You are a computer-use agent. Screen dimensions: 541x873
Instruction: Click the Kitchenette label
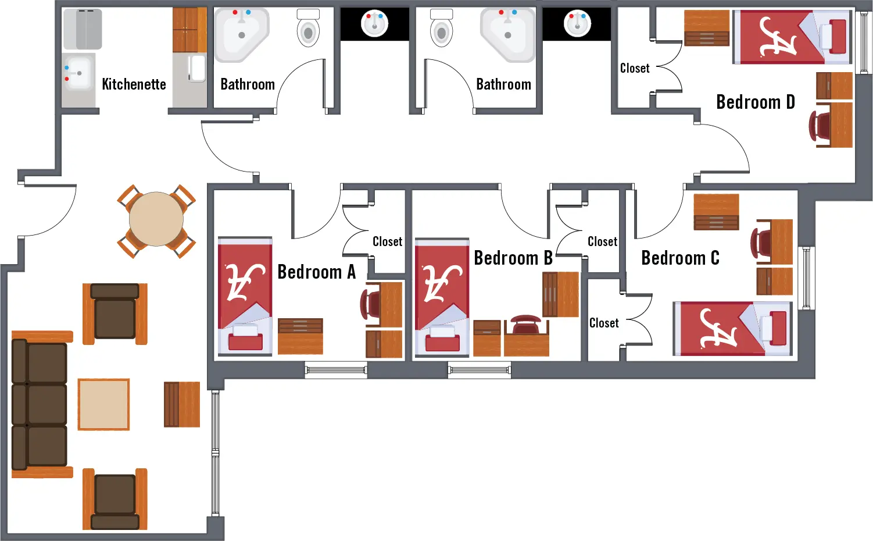[x=134, y=84]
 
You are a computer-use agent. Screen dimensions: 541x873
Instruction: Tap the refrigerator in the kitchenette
[x=83, y=29]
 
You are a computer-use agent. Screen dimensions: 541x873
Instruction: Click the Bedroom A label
[x=316, y=272]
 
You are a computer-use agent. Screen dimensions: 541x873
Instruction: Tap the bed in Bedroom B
[x=441, y=297]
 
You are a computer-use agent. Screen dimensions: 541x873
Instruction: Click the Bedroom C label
[x=680, y=258]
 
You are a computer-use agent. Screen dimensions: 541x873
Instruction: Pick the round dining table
[x=156, y=220]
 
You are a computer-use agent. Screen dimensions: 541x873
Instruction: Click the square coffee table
[x=103, y=404]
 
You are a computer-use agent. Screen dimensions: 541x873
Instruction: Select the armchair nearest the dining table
[x=115, y=313]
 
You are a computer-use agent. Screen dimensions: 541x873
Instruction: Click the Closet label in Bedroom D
[x=635, y=69]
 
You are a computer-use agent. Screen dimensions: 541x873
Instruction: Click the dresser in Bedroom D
[x=707, y=28]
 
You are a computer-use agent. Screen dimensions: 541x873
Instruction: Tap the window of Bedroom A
[x=336, y=369]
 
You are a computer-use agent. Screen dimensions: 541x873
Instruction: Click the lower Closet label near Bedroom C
[x=604, y=323]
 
